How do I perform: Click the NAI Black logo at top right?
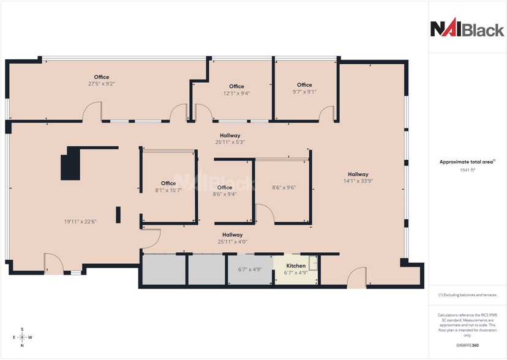pos(467,29)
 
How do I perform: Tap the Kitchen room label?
pos(296,266)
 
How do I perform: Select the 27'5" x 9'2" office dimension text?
pos(101,83)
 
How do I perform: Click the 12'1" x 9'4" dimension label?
pos(236,94)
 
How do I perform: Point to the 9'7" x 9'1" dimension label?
pos(304,92)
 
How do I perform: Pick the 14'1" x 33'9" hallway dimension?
pos(358,181)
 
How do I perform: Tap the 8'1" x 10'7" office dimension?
pos(168,190)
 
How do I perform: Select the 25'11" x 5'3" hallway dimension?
pos(230,142)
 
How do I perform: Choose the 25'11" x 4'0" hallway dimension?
pos(232,242)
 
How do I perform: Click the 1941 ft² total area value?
pos(467,170)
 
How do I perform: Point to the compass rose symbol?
pos(22,337)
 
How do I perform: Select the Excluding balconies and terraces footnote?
pos(467,295)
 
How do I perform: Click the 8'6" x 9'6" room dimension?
pos(284,188)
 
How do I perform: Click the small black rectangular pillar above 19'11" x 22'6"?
pos(119,215)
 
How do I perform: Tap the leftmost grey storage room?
pos(164,269)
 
